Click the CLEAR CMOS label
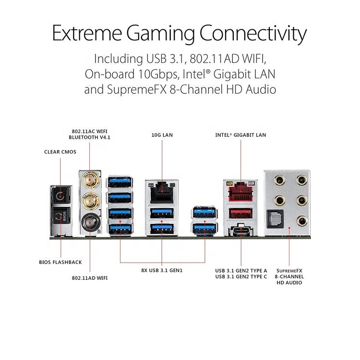pos(60,152)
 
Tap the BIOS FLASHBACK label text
pos(60,262)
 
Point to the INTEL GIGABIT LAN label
pos(240,135)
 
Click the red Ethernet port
pos(240,192)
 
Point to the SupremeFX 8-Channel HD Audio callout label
pos(289,277)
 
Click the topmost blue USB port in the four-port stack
pos(120,182)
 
